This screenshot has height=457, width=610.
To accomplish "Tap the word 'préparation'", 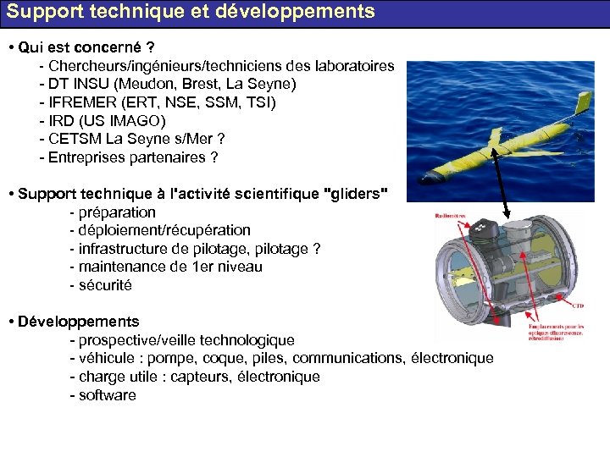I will click(x=117, y=212).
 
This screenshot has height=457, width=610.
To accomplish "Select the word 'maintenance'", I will click(x=123, y=267).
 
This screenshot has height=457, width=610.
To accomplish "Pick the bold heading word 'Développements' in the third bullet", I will click(x=78, y=322).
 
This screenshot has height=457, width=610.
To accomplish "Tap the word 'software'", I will click(x=108, y=395).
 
